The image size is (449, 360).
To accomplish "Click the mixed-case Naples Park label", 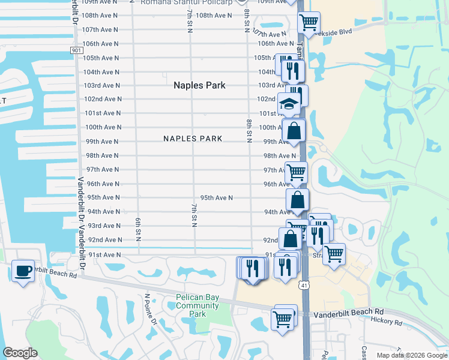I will [x=199, y=85].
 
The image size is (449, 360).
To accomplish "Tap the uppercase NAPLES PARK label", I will [x=193, y=139].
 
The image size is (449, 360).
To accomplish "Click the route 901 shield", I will [x=76, y=50].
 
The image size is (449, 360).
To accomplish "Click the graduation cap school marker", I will [x=289, y=104].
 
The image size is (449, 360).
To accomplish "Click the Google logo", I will [x=20, y=353].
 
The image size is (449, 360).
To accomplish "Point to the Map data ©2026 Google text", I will [x=411, y=355].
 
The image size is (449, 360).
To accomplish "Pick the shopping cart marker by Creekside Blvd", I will [x=309, y=22].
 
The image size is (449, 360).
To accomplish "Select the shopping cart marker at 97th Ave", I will [x=296, y=172].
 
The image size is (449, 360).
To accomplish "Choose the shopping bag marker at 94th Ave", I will [x=298, y=200].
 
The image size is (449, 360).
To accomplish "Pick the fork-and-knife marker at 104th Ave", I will [x=293, y=70].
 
